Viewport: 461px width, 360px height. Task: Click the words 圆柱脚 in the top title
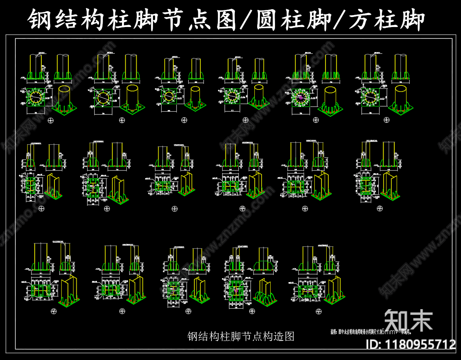coord(293,20)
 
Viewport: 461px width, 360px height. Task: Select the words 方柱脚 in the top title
coord(386,20)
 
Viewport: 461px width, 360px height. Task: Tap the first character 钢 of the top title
coord(41,20)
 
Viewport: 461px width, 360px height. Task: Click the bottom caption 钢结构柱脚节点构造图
coord(241,337)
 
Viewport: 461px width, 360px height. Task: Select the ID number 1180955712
coord(421,344)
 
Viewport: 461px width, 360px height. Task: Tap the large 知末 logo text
coord(409,320)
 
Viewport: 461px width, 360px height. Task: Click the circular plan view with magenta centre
coord(301,97)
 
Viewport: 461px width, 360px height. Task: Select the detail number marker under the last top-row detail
coord(386,120)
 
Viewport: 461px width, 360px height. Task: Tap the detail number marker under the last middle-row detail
coord(380,208)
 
